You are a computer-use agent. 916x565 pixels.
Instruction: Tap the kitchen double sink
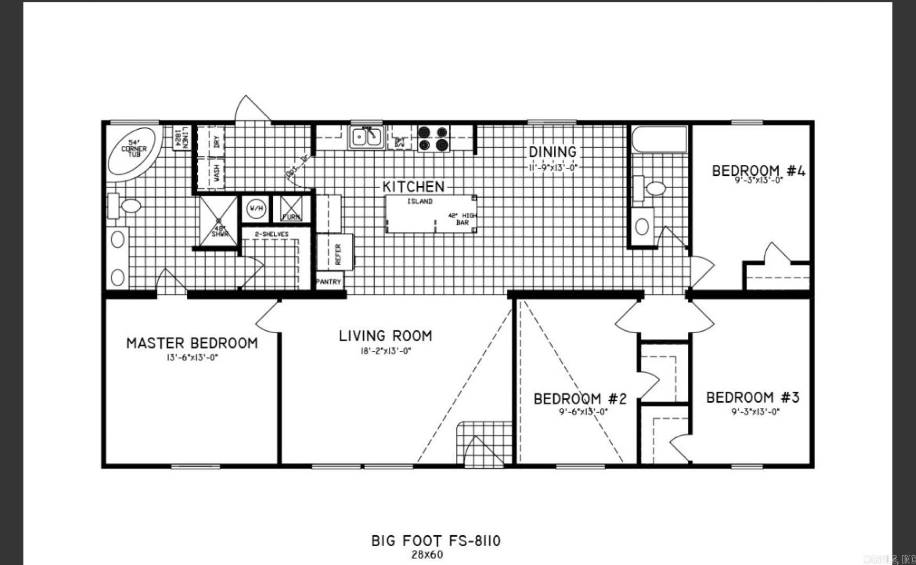click(366, 137)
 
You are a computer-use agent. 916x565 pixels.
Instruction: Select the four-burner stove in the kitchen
click(433, 139)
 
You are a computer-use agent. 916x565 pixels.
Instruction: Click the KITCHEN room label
click(413, 186)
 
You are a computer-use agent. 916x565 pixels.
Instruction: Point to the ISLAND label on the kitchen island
click(420, 201)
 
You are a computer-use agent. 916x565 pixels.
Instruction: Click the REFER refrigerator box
click(336, 253)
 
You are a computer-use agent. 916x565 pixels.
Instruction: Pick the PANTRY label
click(329, 281)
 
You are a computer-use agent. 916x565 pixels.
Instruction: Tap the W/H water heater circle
click(256, 209)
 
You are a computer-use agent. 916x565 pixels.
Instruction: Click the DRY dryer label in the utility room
click(216, 141)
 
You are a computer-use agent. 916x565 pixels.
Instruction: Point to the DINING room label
click(552, 152)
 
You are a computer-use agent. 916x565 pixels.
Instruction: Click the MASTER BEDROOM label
click(192, 344)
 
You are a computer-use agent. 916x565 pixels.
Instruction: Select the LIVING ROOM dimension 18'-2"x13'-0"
click(385, 351)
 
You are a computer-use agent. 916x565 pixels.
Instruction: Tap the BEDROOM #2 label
click(580, 399)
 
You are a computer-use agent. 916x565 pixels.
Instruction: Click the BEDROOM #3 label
click(753, 398)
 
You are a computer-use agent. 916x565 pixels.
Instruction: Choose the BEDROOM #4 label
click(758, 171)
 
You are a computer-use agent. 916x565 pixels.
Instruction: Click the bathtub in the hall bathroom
click(660, 139)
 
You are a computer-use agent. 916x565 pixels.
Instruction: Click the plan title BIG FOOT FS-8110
click(435, 540)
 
